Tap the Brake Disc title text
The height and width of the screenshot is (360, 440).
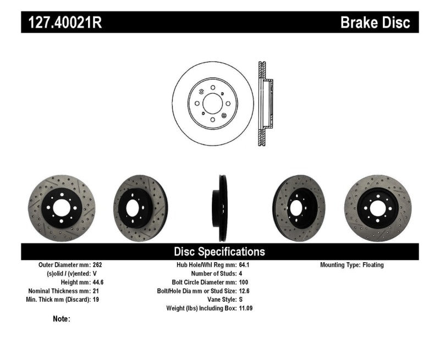(x=376, y=23)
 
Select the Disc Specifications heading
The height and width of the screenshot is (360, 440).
(x=219, y=252)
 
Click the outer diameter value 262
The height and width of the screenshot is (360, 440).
(x=98, y=265)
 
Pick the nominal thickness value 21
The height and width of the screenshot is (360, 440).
(x=96, y=291)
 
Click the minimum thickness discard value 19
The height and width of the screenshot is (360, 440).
(x=96, y=300)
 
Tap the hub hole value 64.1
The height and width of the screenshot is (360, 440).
(x=244, y=265)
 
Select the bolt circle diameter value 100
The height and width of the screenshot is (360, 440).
(x=244, y=283)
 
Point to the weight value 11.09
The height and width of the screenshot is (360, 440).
(x=246, y=308)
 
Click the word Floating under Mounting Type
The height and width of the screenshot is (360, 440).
(x=373, y=265)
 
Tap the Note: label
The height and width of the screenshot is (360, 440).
(x=62, y=319)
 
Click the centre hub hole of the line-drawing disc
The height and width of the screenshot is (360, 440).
(x=212, y=103)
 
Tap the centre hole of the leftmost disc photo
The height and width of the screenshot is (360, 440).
(x=61, y=208)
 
